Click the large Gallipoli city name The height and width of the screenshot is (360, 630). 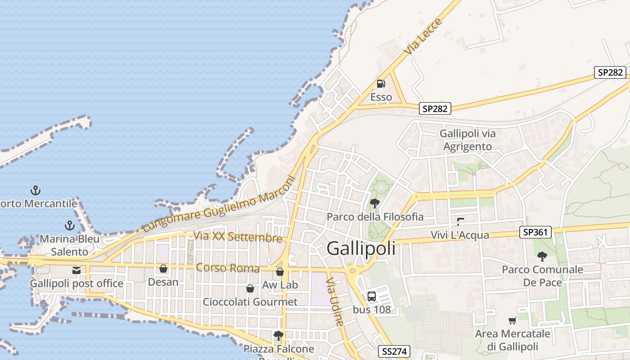(x=361, y=248)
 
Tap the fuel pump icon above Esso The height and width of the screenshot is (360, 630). (x=381, y=83)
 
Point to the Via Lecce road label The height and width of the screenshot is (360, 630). (x=423, y=37)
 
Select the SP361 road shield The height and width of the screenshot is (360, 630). (x=535, y=232)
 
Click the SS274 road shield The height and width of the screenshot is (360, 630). (x=394, y=351)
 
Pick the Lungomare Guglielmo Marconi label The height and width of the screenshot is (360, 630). (x=219, y=204)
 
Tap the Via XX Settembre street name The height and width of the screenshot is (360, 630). (x=238, y=237)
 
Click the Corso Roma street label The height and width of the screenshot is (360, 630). (x=228, y=268)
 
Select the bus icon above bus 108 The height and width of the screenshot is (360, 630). (x=372, y=297)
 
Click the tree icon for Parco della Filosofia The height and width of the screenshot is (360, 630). (x=374, y=203)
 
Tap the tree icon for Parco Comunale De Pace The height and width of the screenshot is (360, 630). (x=542, y=256)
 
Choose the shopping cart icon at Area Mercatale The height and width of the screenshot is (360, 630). (x=512, y=320)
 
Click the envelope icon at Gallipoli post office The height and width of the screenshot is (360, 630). (x=76, y=270)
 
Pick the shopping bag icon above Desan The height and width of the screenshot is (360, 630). (x=163, y=269)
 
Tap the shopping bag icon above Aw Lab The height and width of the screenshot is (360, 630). (x=280, y=272)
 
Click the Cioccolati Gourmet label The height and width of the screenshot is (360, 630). (x=250, y=301)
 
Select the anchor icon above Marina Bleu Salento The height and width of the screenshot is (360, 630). (x=70, y=225)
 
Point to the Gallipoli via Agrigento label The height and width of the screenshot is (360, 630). (x=468, y=140)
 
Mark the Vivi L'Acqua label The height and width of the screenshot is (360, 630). (x=460, y=235)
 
